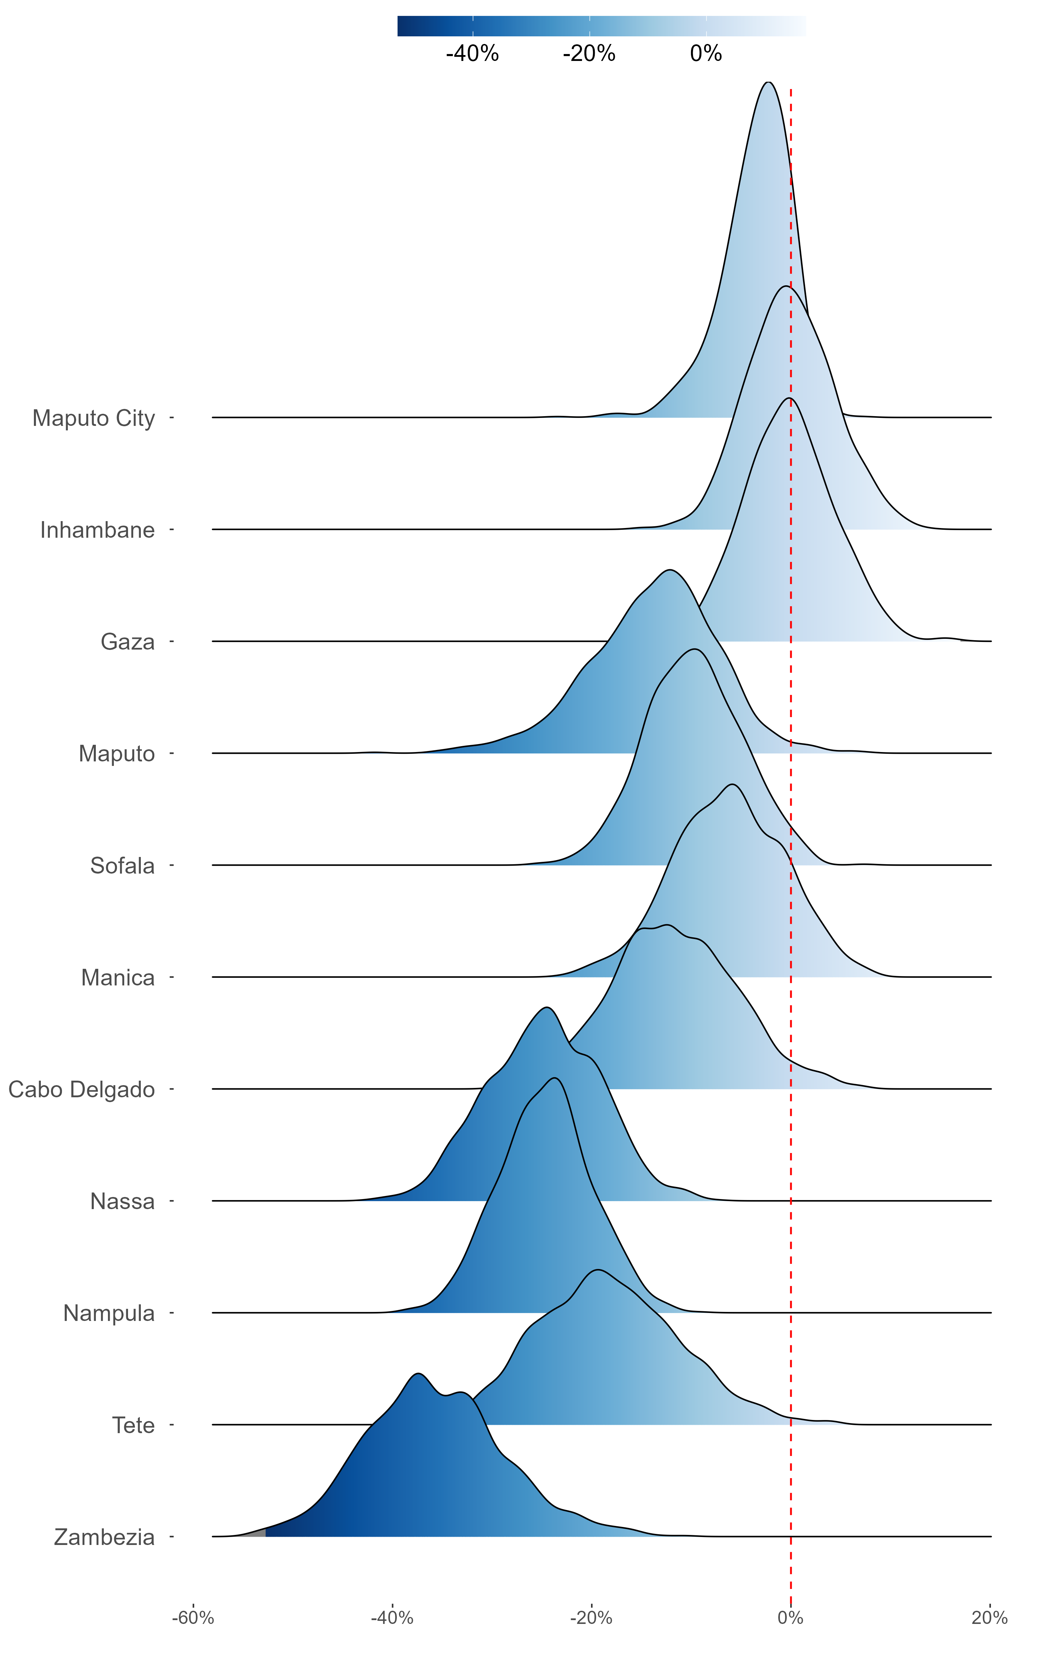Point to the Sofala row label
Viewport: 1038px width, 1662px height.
coord(122,866)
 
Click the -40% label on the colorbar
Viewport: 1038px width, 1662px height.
coord(472,54)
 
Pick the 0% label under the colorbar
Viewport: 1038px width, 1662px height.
coord(706,54)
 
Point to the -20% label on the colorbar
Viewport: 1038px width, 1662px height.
coord(589,54)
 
